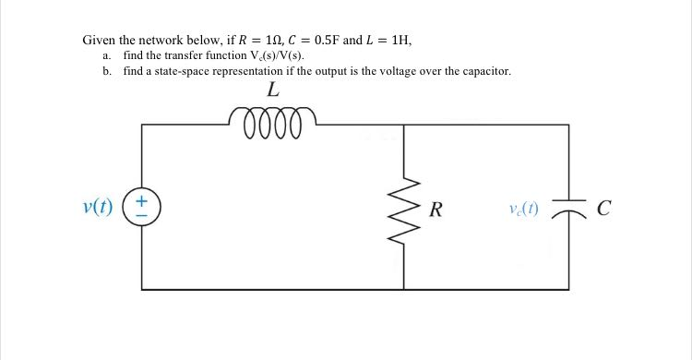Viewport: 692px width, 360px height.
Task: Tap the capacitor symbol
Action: pyautogui.click(x=568, y=208)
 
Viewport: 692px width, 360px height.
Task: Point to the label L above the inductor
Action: pyautogui.click(x=272, y=90)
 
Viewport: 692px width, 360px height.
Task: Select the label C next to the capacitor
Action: pyautogui.click(x=603, y=208)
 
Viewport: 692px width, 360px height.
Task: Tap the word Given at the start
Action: pyautogui.click(x=99, y=41)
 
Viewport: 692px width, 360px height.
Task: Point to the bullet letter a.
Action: pyautogui.click(x=106, y=56)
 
